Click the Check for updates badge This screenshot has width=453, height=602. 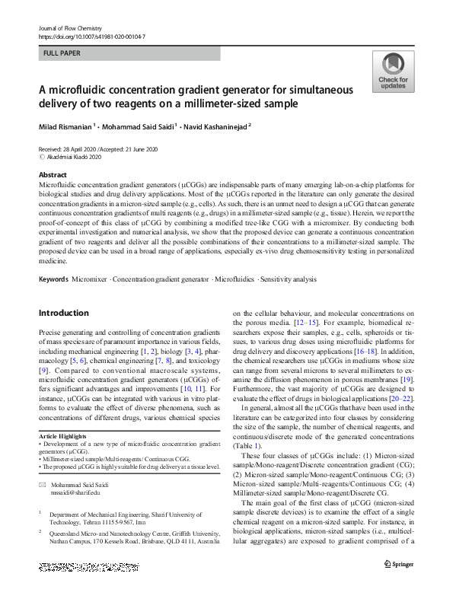point(393,72)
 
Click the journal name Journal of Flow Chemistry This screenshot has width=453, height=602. point(72,27)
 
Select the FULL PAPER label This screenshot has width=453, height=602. point(61,54)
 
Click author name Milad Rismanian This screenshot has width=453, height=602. point(65,126)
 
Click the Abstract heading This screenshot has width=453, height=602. point(53,175)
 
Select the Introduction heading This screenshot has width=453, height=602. point(63,313)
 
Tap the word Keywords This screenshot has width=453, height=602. point(55,280)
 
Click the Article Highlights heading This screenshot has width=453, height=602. point(62,436)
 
